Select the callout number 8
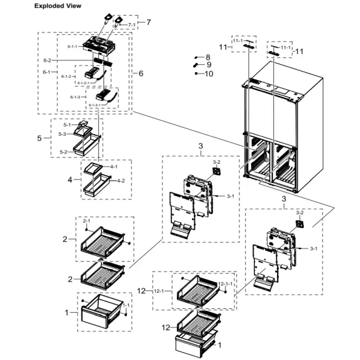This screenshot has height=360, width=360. pyautogui.click(x=208, y=57)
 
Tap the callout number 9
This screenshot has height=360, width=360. pyautogui.click(x=208, y=64)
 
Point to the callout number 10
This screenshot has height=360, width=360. pyautogui.click(x=209, y=73)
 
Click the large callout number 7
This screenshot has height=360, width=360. pyautogui.click(x=148, y=22)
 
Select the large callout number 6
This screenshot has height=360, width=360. pyautogui.click(x=141, y=73)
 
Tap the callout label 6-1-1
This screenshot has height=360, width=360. pyautogui.click(x=73, y=46)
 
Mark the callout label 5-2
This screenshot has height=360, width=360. pyautogui.click(x=63, y=151)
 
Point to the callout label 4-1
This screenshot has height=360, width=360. pyautogui.click(x=113, y=167)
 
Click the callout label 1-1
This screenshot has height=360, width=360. pyautogui.click(x=126, y=305)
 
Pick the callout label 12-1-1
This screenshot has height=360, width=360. pyautogui.click(x=225, y=284)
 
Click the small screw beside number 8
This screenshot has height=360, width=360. pyautogui.click(x=196, y=57)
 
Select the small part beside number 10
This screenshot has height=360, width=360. pyautogui.click(x=196, y=73)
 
